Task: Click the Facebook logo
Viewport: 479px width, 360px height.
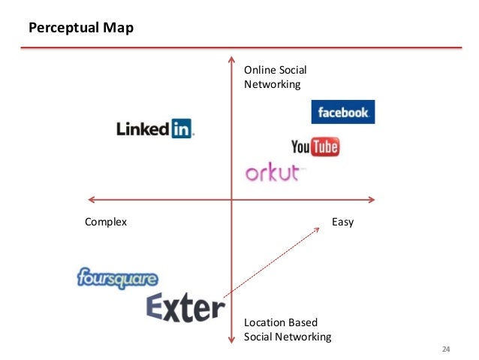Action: (343, 112)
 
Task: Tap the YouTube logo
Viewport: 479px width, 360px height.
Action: (315, 146)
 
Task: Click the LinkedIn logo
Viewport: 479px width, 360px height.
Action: (155, 129)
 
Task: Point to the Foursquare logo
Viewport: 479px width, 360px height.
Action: (117, 279)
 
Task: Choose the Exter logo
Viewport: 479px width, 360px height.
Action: (185, 307)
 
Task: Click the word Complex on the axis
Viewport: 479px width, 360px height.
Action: (106, 222)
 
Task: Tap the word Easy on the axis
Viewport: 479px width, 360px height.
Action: (342, 222)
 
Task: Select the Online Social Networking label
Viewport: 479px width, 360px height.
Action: (275, 77)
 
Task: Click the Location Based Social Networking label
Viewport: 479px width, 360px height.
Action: (287, 330)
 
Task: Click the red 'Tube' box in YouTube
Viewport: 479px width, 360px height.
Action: (325, 146)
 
